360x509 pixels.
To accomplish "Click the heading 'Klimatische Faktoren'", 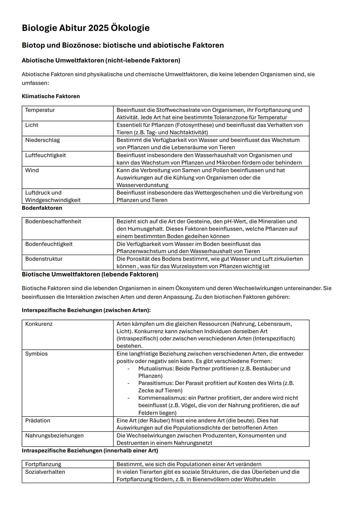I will click(51, 96).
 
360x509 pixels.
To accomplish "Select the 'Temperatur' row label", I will click(40, 110).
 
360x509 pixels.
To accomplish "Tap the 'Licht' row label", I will click(32, 125).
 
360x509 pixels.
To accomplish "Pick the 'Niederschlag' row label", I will click(42, 140).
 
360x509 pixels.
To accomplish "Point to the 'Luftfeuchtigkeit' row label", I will click(45, 155).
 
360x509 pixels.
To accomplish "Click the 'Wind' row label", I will click(32, 170).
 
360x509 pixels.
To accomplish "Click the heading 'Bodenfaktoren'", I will click(42, 208).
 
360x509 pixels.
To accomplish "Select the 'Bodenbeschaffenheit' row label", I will click(53, 221).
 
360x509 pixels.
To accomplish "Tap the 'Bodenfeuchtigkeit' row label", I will click(49, 244).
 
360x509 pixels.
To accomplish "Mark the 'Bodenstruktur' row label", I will click(44, 259).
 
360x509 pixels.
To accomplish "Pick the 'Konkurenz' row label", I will click(39, 324).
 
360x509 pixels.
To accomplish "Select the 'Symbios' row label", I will click(36, 354).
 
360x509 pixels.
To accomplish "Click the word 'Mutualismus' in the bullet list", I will click(155, 369).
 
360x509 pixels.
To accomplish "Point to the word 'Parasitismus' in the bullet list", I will click(155, 383).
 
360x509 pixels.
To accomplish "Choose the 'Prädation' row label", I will click(38, 421).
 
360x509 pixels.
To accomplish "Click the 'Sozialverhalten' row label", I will click(45, 472).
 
